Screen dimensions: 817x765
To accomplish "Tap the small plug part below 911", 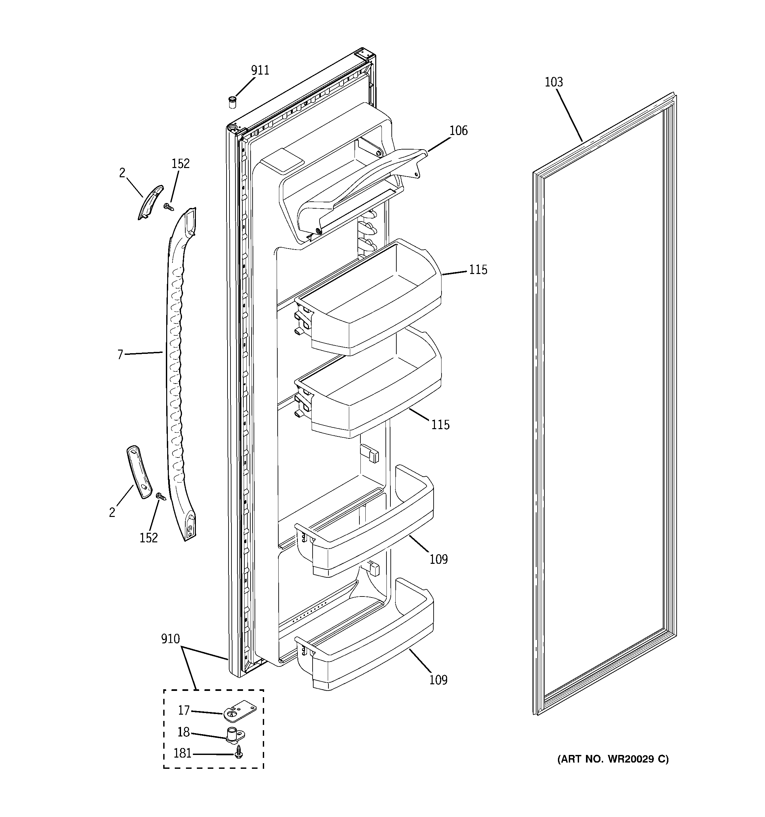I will (x=233, y=102).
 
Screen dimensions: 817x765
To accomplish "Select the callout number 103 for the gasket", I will (x=554, y=82).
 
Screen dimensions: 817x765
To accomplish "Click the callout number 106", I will (x=458, y=131).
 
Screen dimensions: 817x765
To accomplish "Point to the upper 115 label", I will (x=478, y=270).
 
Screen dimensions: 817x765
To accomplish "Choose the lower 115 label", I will (x=440, y=425).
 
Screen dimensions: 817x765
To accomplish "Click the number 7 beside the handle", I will (x=120, y=354).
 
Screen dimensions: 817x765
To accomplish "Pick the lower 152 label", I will (x=148, y=537).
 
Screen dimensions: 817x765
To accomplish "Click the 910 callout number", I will (x=170, y=639).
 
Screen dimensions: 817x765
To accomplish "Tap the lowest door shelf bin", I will (x=365, y=654).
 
